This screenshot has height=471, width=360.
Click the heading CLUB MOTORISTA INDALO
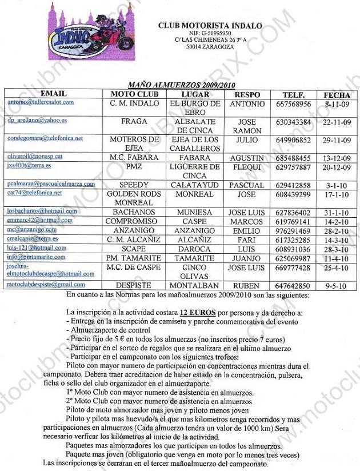(x=210, y=26)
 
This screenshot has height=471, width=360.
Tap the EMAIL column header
(x=54, y=94)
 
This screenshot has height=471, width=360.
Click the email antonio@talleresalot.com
(x=41, y=102)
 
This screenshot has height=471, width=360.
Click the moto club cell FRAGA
(x=134, y=122)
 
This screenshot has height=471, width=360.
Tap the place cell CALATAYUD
(x=194, y=186)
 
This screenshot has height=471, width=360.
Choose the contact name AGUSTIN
(x=246, y=158)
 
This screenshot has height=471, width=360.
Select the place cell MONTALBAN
(x=194, y=286)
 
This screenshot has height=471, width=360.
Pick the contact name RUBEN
(x=246, y=286)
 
